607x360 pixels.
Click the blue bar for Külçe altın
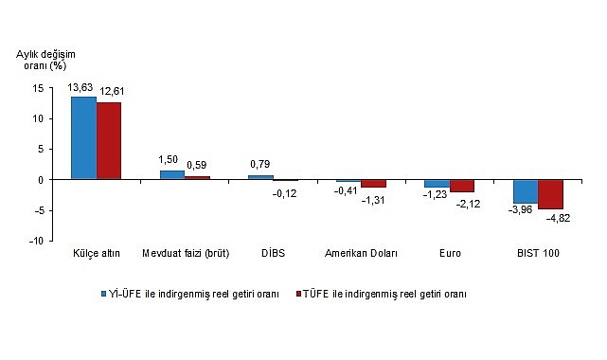tap(83, 138)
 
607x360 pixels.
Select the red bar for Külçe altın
tap(109, 141)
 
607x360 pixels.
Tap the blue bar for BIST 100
tap(526, 191)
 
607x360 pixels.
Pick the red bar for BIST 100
tap(550, 194)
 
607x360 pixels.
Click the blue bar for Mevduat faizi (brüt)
tap(171, 174)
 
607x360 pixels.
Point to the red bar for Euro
tap(462, 186)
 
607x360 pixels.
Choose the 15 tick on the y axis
tap(38, 88)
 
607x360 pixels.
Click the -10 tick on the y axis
tap(36, 242)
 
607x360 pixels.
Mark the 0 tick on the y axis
tap(41, 180)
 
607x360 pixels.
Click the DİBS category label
tap(273, 254)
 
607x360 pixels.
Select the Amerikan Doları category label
tap(361, 254)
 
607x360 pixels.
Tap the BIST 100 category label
tap(538, 254)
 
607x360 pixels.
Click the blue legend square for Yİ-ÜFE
tap(105, 294)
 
